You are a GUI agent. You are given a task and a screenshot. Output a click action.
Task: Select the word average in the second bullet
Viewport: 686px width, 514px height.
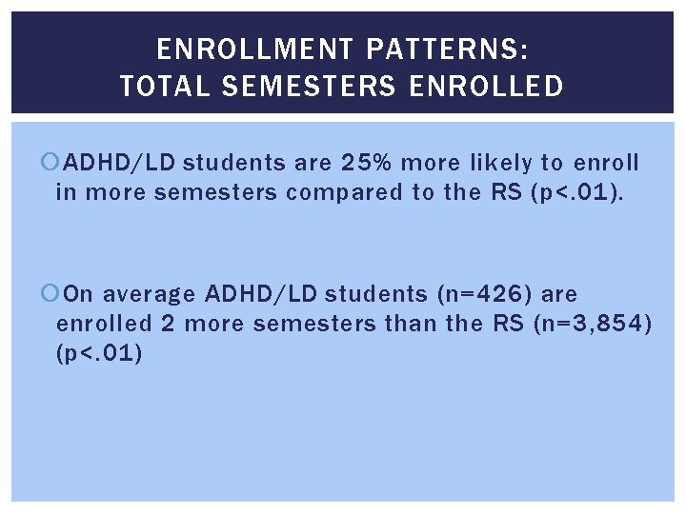click(x=148, y=294)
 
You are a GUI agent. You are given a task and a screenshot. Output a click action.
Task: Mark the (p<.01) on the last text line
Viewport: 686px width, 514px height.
click(x=100, y=353)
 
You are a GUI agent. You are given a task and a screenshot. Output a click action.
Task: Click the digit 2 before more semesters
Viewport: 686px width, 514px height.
click(x=168, y=324)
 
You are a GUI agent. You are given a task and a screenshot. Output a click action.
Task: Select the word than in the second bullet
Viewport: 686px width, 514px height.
click(x=408, y=324)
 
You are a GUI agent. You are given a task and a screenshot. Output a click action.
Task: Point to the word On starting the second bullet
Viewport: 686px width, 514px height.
click(x=81, y=294)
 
